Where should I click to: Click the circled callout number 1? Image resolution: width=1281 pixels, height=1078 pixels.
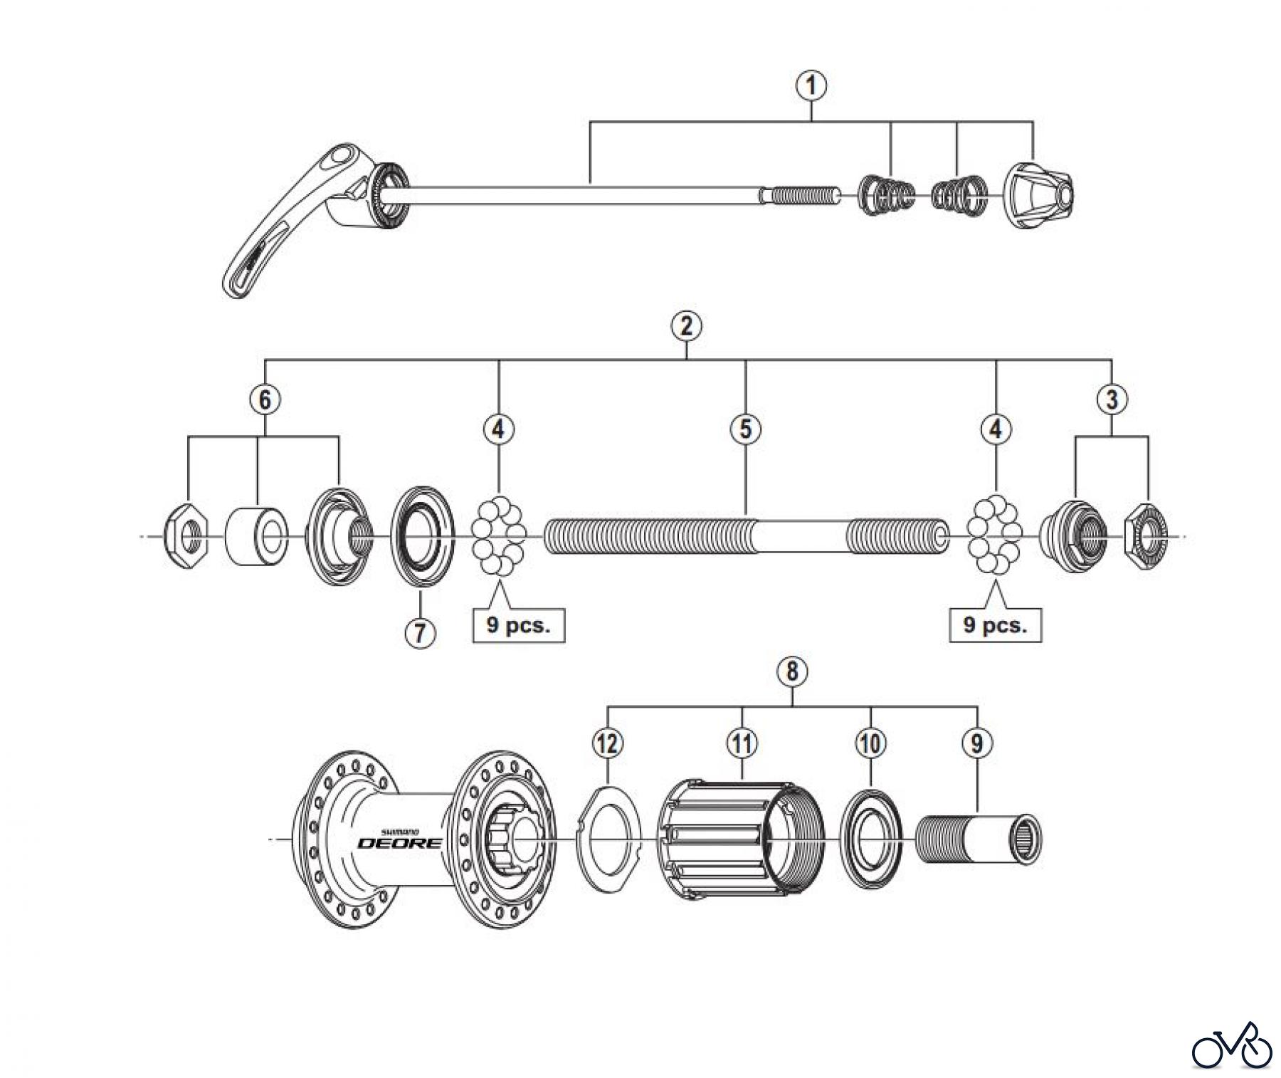pyautogui.click(x=812, y=86)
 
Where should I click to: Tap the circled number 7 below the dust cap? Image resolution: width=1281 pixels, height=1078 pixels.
pyautogui.click(x=420, y=632)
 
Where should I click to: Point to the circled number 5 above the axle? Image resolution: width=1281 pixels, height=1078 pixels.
pyautogui.click(x=745, y=429)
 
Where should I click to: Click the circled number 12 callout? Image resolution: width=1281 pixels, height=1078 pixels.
pyautogui.click(x=607, y=743)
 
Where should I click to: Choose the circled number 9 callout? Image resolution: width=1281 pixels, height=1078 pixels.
pyautogui.click(x=976, y=743)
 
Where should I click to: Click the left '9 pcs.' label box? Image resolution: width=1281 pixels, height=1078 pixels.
pyautogui.click(x=519, y=626)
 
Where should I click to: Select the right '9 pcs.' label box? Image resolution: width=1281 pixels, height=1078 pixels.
pyautogui.click(x=996, y=625)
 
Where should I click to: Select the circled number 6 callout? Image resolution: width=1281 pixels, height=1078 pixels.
pyautogui.click(x=265, y=399)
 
